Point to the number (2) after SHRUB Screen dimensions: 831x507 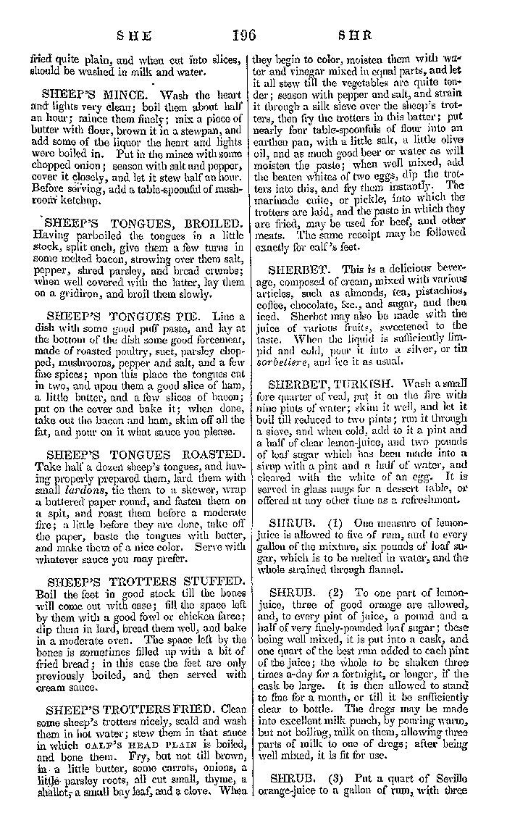(x=335, y=591)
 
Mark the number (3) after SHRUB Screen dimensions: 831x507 (x=335, y=778)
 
